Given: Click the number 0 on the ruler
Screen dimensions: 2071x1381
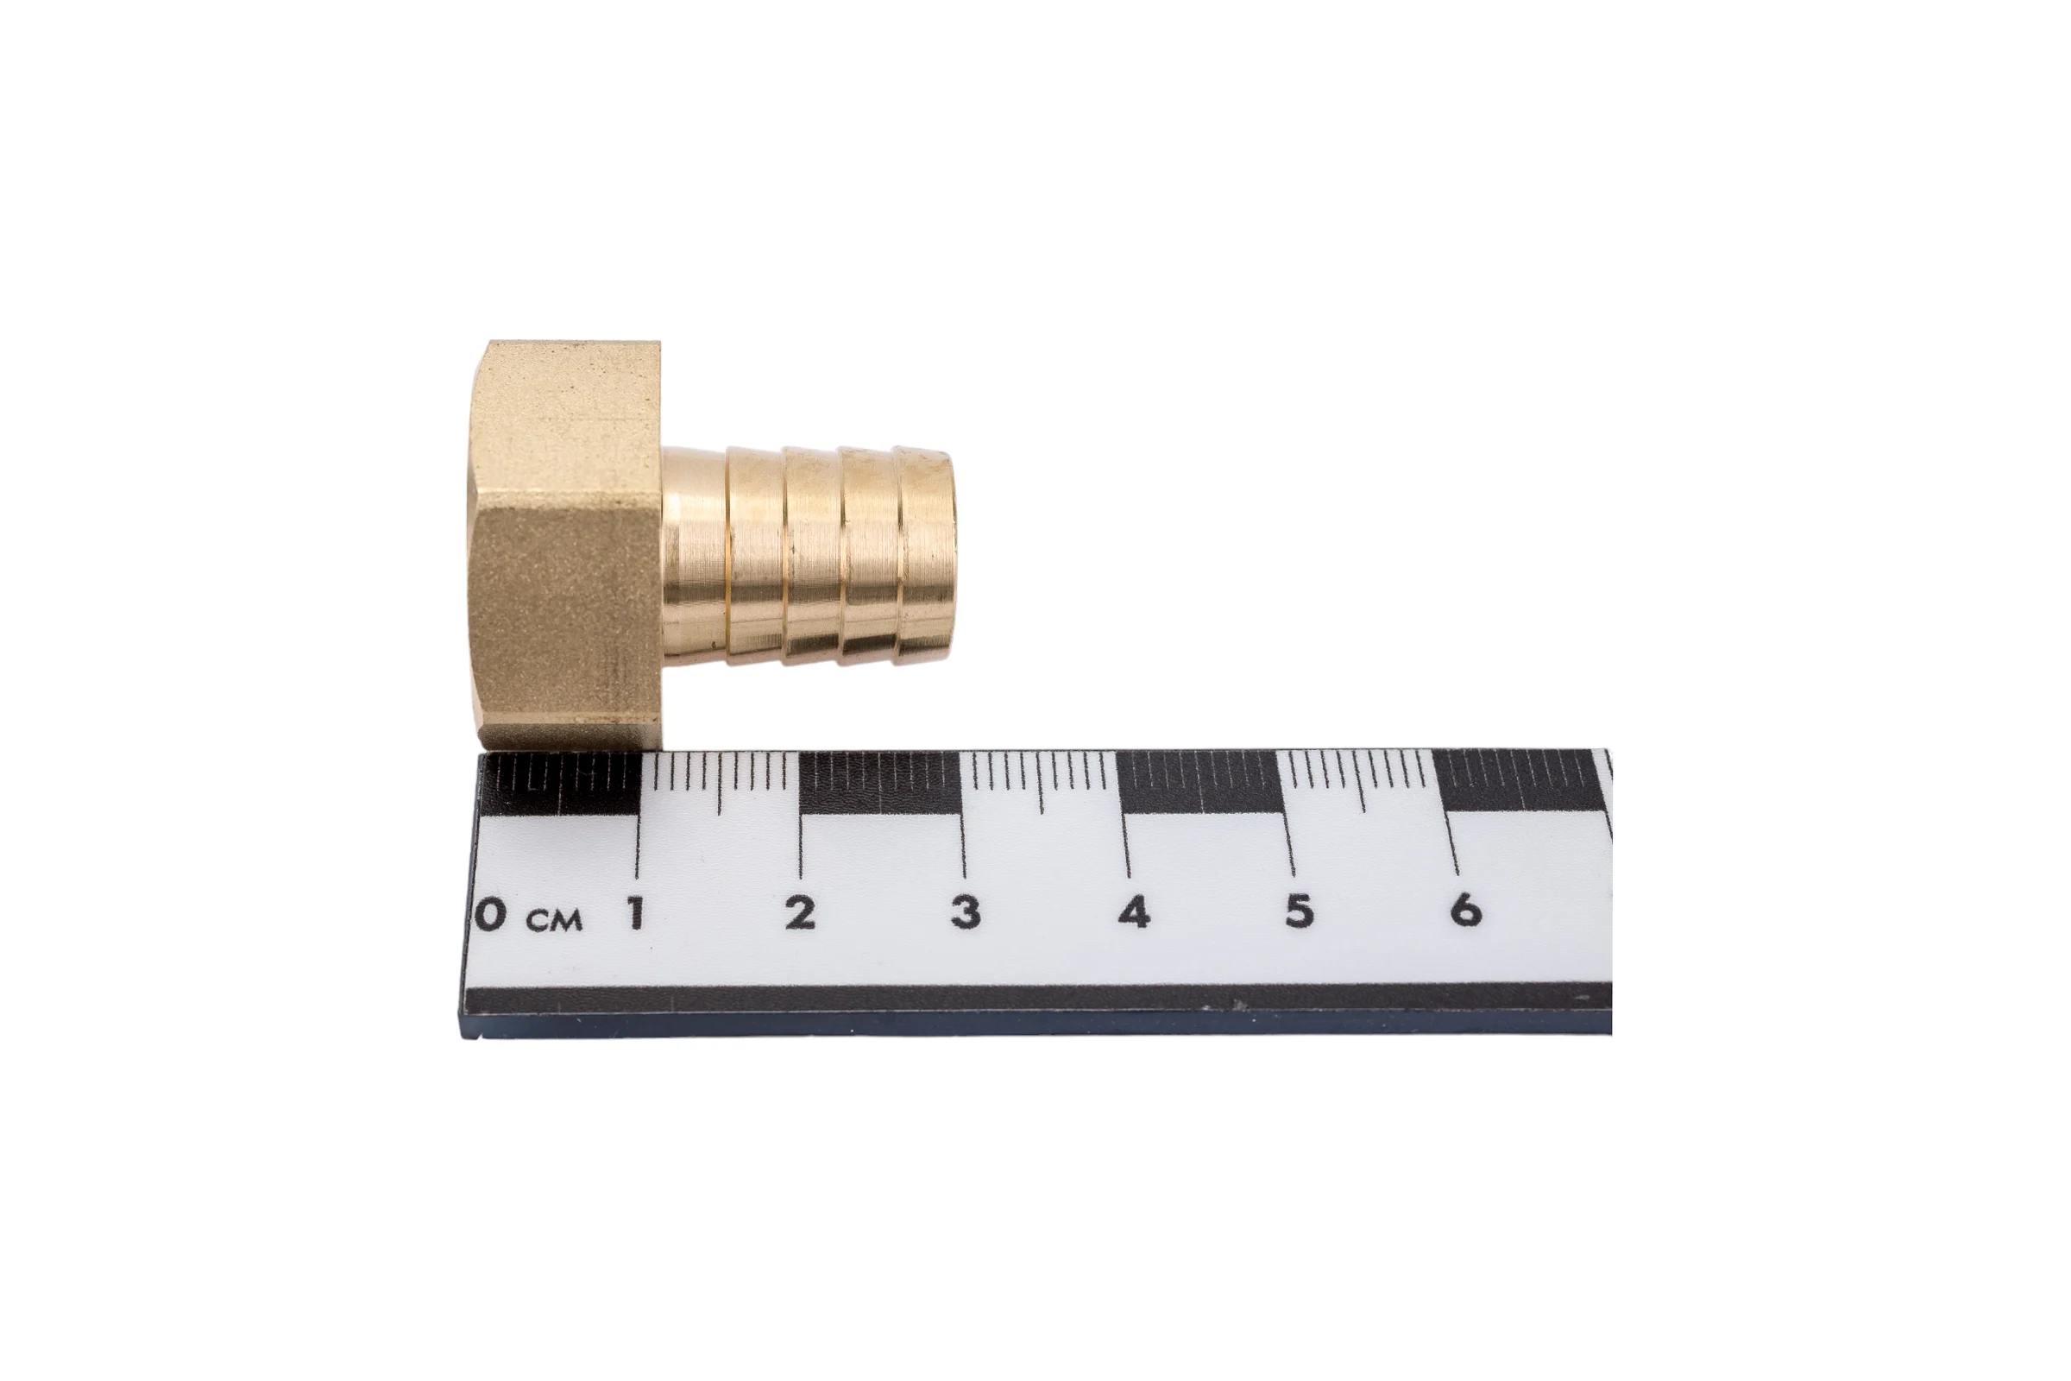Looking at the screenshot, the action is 490,914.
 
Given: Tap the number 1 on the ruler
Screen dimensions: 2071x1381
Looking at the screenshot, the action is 635,913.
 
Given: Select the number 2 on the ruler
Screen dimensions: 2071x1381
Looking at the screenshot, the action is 801,912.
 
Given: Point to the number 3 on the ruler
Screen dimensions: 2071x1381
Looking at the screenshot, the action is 966,911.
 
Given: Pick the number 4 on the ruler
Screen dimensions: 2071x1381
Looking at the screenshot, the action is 1134,911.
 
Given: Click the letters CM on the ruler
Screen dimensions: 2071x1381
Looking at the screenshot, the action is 555,921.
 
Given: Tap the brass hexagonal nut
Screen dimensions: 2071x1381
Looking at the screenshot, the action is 563,546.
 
